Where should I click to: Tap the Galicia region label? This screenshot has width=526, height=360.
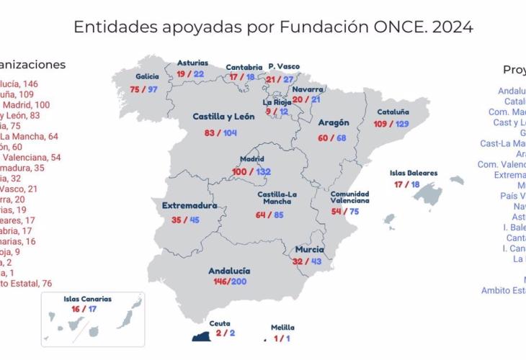(x=148, y=76)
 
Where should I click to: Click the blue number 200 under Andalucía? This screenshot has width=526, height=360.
(x=239, y=282)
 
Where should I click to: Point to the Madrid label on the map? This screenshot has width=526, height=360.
(x=253, y=160)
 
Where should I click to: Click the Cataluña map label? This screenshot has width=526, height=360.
(x=392, y=112)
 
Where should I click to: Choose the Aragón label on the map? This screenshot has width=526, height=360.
(x=333, y=123)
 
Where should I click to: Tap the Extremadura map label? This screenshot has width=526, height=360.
(x=190, y=206)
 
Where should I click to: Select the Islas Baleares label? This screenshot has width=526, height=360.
(x=413, y=173)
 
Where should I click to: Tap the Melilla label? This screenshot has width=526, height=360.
(x=282, y=328)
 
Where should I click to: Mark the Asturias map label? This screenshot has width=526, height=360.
(x=192, y=63)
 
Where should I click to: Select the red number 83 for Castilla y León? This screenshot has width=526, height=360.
(x=210, y=133)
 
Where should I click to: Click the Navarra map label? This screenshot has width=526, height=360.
(x=308, y=89)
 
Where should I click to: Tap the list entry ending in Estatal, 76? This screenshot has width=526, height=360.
(x=26, y=284)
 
